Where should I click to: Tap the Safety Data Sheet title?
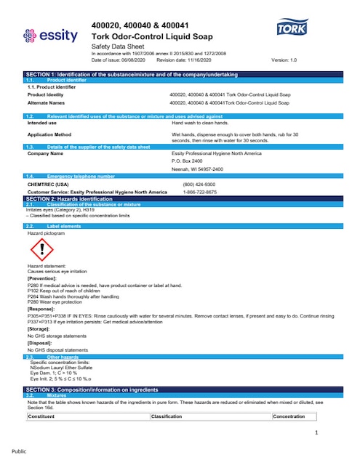(x=116, y=46)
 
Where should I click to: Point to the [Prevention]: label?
(x=43, y=278)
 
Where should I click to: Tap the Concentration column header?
(x=289, y=416)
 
